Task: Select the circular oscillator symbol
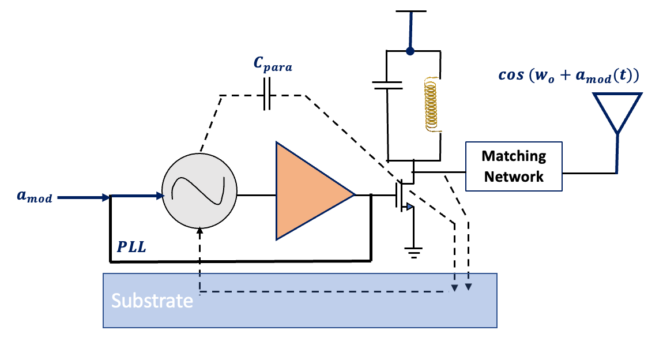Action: click(x=199, y=191)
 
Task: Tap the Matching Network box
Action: click(x=513, y=166)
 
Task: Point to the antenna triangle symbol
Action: click(x=617, y=111)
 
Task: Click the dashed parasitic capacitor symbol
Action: click(x=266, y=95)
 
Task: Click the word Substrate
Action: click(x=152, y=301)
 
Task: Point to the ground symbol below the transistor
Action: click(x=413, y=252)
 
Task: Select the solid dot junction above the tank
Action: click(x=410, y=52)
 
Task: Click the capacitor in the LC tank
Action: click(x=387, y=85)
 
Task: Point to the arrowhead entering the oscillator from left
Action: click(x=160, y=196)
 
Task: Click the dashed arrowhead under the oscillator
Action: click(x=199, y=231)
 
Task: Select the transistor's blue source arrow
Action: click(x=409, y=207)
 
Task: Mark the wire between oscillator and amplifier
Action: click(x=257, y=195)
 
